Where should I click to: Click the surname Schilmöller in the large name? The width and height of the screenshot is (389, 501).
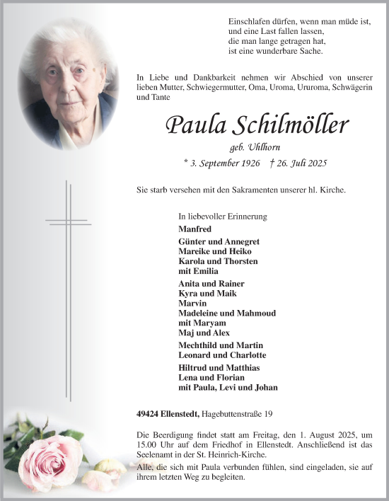(290, 126)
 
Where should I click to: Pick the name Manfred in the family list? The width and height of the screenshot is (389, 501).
(195, 229)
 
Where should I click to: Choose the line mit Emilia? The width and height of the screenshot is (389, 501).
(199, 271)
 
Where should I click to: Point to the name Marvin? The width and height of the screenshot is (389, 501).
(193, 303)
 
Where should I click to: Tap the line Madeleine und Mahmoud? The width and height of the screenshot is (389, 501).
(227, 313)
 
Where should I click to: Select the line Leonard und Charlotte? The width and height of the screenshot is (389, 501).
(222, 355)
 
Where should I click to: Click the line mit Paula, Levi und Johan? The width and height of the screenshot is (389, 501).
(228, 387)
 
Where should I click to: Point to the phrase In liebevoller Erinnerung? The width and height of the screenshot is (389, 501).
(223, 216)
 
